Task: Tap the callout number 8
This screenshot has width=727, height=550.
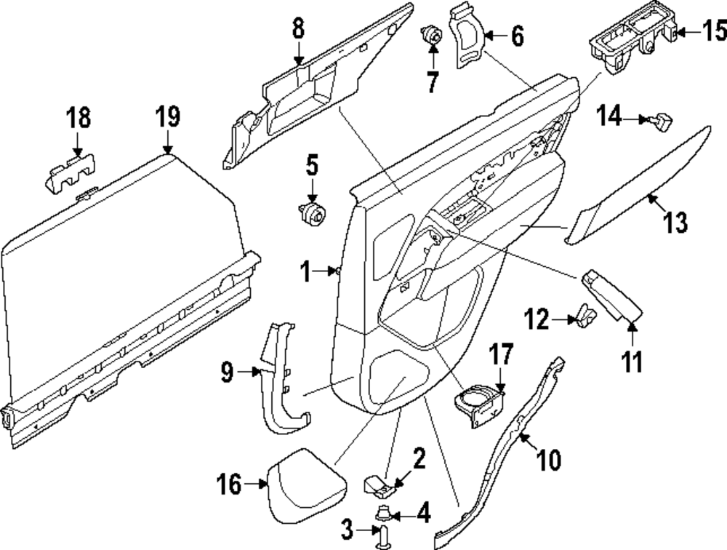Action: [x=298, y=29]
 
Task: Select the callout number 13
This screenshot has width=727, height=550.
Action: [x=675, y=223]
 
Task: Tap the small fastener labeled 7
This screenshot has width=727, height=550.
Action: [x=433, y=35]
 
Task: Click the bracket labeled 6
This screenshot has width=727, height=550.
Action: [x=467, y=36]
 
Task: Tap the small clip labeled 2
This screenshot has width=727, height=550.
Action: [x=377, y=482]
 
